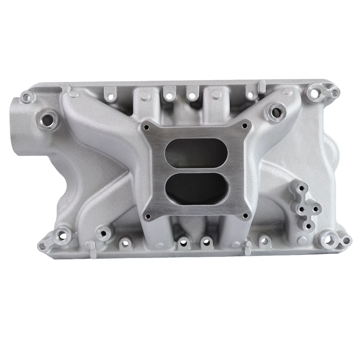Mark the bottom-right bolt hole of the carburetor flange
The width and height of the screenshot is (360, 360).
pyautogui.click(x=245, y=216)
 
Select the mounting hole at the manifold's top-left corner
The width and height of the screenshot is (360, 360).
pyautogui.click(x=26, y=97)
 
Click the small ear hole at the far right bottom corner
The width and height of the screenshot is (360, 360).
pyautogui.click(x=346, y=240)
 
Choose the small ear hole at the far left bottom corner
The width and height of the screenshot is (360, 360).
pyautogui.click(x=42, y=246)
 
